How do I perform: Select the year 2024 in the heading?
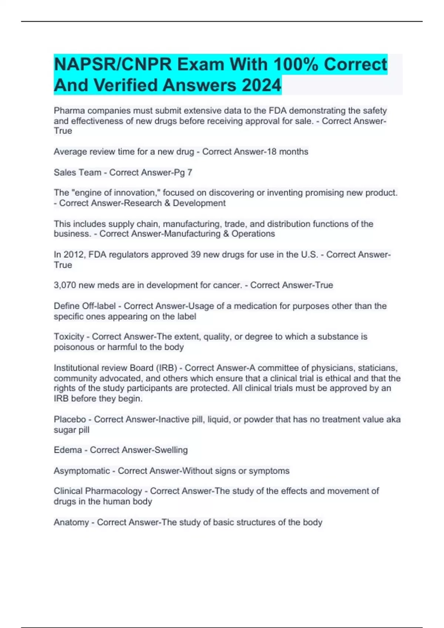[x=261, y=85]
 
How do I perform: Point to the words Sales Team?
[x=77, y=173]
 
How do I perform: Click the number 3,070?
[x=65, y=285]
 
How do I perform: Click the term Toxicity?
[x=69, y=337]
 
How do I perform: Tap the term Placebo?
[x=70, y=420]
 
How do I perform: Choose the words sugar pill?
[x=71, y=430]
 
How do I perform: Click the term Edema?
[x=68, y=450]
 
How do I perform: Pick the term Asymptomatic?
[x=81, y=471]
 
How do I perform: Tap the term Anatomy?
[x=71, y=523]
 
